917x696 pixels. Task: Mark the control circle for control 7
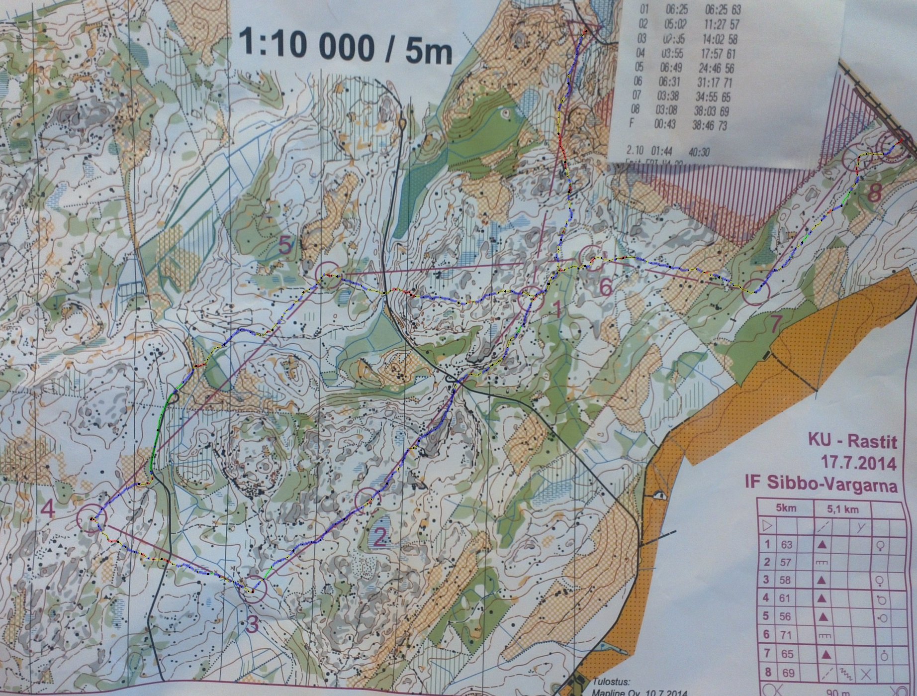pos(755,290)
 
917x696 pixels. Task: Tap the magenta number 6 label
pos(605,287)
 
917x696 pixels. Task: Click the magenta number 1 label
pos(556,311)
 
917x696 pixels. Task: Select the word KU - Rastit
pos(852,441)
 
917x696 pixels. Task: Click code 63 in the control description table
pos(786,545)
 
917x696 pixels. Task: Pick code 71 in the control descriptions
pos(786,635)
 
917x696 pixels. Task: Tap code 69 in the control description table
pos(787,673)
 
